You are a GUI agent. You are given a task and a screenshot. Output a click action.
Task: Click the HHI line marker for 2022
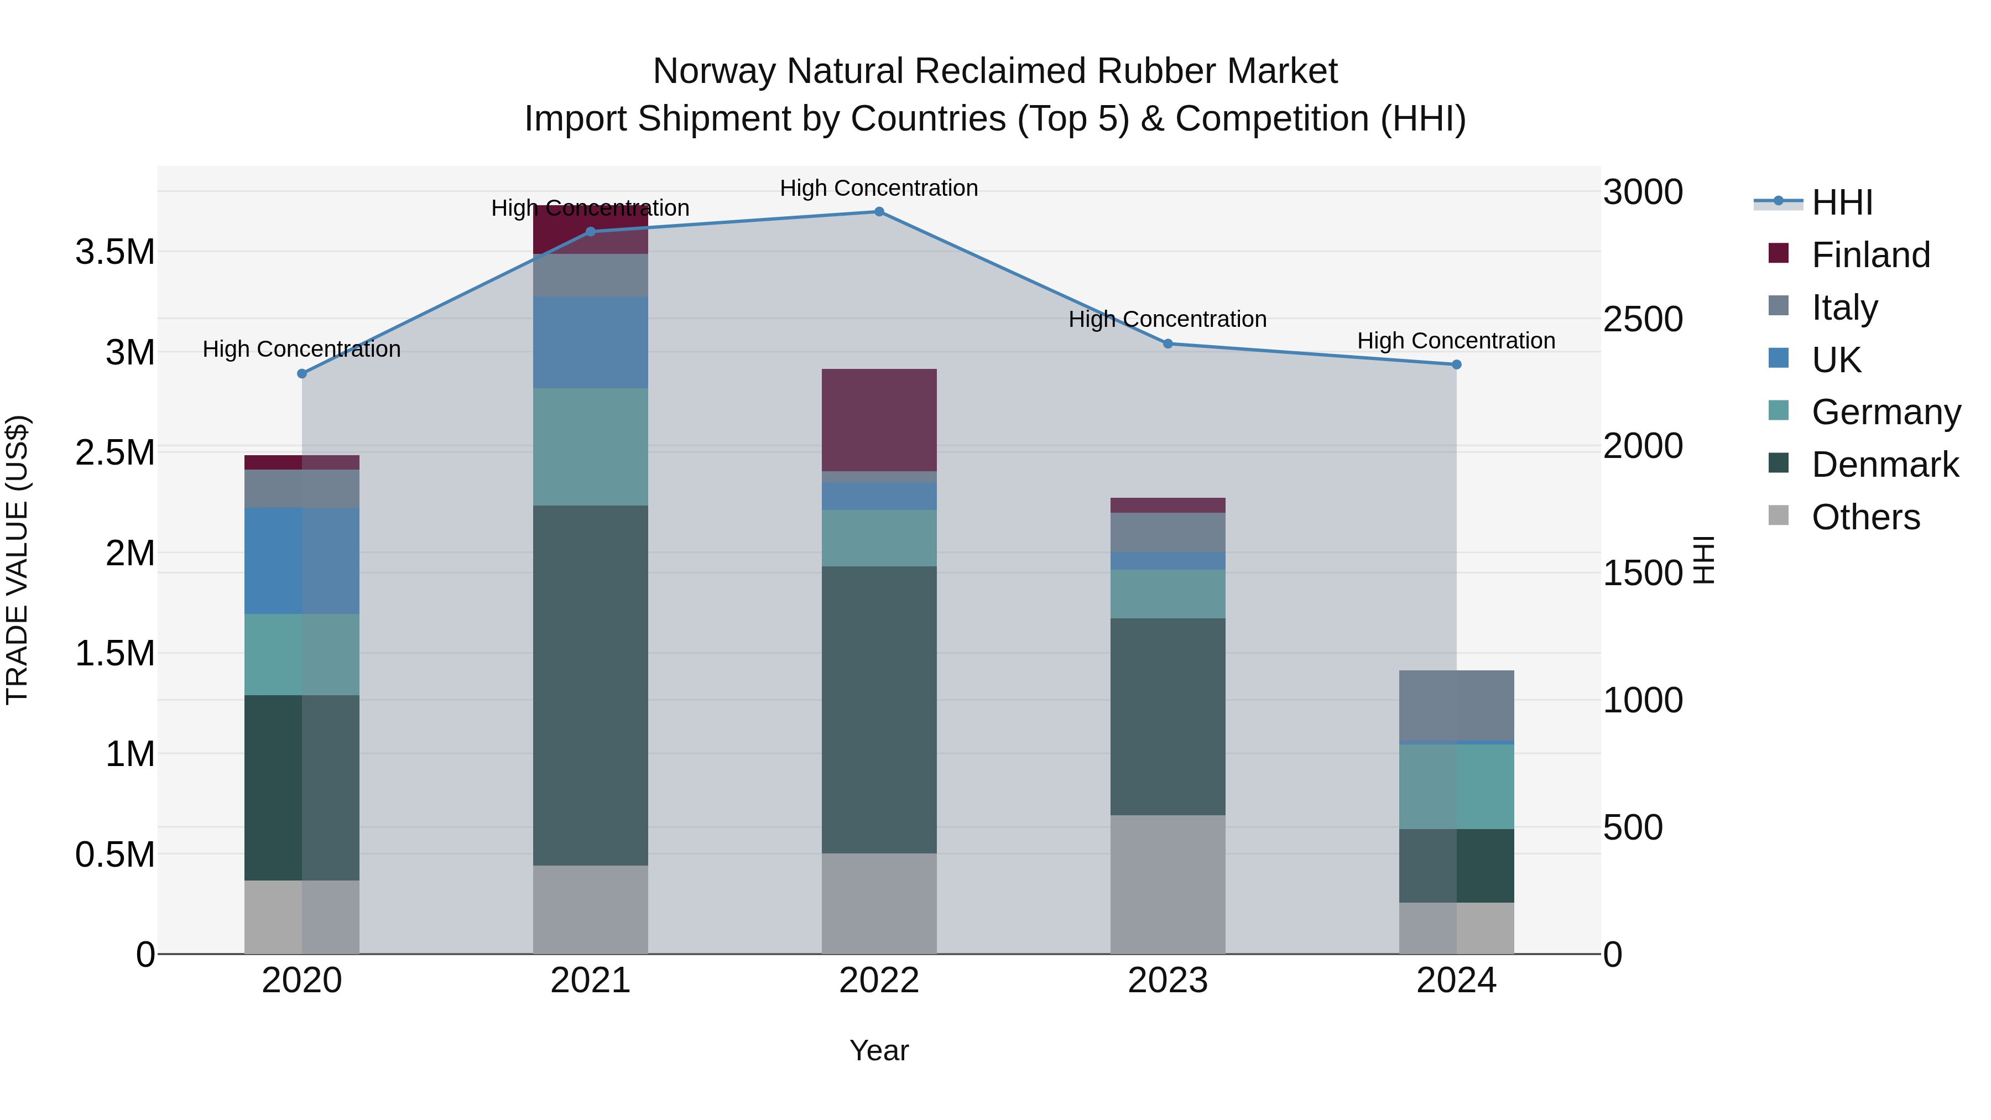pos(879,211)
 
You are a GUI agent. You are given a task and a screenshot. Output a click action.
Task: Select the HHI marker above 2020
pos(302,373)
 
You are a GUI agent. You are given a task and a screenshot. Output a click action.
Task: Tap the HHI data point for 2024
pos(1456,364)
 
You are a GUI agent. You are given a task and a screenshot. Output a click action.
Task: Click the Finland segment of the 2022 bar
pos(879,420)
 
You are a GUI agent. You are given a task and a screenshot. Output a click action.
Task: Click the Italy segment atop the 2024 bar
pos(1456,705)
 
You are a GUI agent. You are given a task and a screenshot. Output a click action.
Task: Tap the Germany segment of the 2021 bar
pos(591,447)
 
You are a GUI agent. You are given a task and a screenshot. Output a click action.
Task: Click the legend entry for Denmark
pos(1884,465)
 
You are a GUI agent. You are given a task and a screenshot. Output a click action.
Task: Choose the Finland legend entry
pos(1870,254)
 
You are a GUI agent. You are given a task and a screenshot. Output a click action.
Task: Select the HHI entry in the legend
pos(1841,202)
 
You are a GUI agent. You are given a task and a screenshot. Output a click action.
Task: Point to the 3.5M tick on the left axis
pos(114,252)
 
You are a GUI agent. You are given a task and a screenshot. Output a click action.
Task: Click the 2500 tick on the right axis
pos(1643,319)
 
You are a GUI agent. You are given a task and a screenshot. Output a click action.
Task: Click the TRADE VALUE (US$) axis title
pos(17,560)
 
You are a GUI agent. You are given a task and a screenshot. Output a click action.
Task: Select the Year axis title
pos(879,1050)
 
